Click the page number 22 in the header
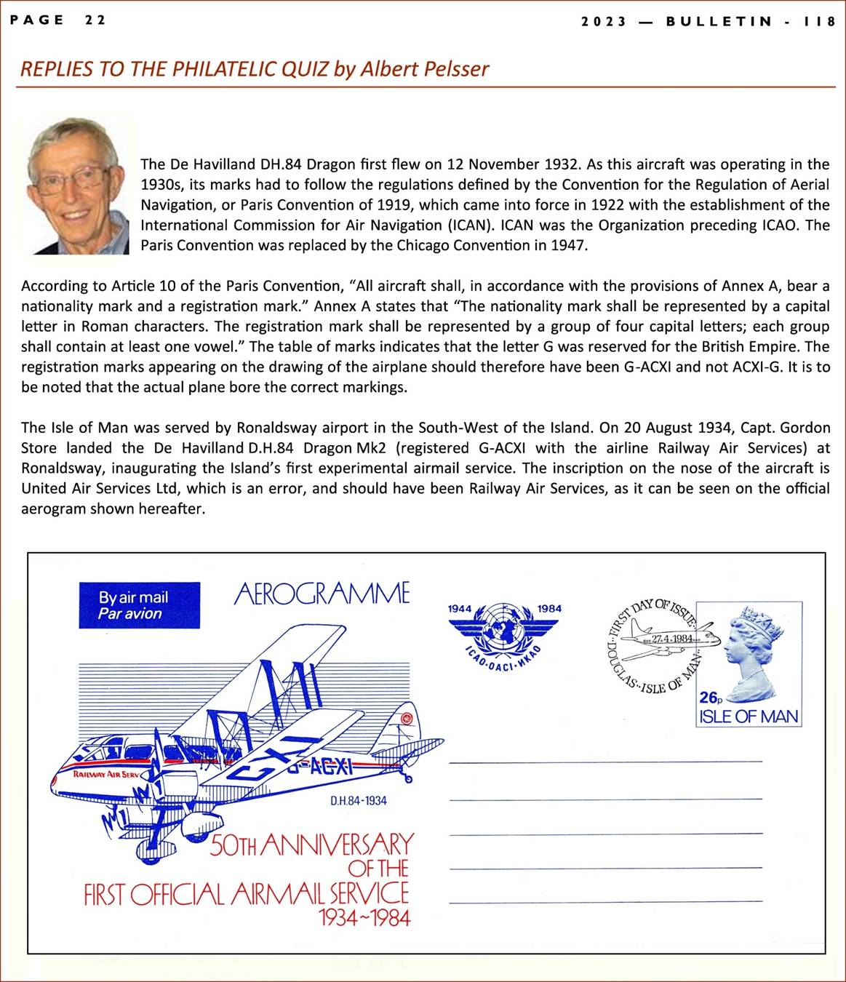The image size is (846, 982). pyautogui.click(x=95, y=20)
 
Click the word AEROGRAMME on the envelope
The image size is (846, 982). pyautogui.click(x=322, y=594)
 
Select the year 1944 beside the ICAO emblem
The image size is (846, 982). pyautogui.click(x=460, y=608)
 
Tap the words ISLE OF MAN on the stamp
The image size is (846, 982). pyautogui.click(x=749, y=716)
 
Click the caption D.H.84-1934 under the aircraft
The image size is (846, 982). pyautogui.click(x=358, y=801)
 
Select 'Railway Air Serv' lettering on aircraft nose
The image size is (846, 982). pyautogui.click(x=106, y=774)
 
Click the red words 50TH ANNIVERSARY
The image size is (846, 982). pyautogui.click(x=311, y=845)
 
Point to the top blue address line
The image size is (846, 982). pyautogui.click(x=606, y=762)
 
